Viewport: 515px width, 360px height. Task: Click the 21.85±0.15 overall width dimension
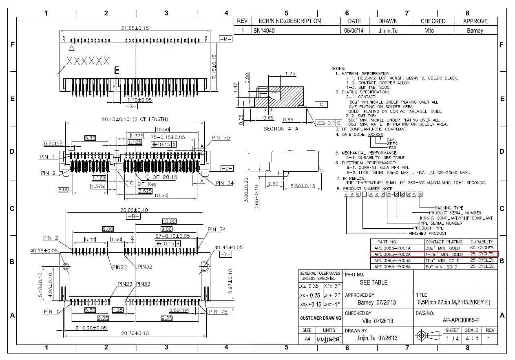[135, 28]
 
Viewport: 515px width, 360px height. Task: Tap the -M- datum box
[225, 39]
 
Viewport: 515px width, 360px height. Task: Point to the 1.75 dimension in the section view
[290, 74]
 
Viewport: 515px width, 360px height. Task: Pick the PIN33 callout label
[143, 284]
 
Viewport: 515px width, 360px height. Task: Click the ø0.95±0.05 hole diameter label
[44, 251]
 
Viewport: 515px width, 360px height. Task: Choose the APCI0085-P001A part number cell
[392, 248]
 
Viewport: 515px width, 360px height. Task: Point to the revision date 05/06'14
[354, 31]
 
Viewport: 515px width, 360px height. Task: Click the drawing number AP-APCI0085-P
[461, 320]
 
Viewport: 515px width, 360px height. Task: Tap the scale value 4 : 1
[471, 338]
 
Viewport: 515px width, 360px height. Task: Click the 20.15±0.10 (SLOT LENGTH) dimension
[135, 119]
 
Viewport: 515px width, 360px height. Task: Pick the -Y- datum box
[225, 254]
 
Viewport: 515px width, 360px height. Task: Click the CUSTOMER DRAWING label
[320, 318]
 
